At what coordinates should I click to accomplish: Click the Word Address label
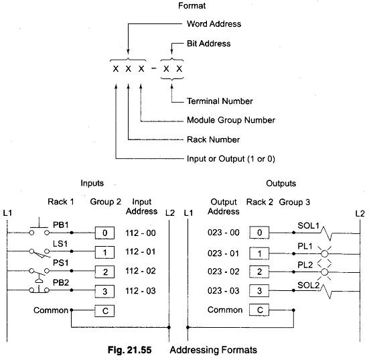(x=214, y=23)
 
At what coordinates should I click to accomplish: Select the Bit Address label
(x=208, y=44)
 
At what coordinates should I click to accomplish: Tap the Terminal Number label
(x=220, y=101)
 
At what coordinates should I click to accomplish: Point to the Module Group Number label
(x=231, y=120)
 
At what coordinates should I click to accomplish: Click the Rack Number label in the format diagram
(x=213, y=139)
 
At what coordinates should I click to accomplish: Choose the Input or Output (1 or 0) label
(x=231, y=159)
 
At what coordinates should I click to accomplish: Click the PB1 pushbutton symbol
(x=40, y=228)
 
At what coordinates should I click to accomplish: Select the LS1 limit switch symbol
(x=40, y=253)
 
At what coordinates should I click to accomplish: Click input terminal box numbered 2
(x=104, y=272)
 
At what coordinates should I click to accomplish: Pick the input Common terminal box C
(x=104, y=311)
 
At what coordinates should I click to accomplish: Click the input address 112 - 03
(x=141, y=291)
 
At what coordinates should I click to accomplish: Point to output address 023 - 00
(x=223, y=233)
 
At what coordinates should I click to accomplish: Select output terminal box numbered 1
(x=259, y=253)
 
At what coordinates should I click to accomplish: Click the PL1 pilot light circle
(x=325, y=254)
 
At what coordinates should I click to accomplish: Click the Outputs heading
(x=281, y=183)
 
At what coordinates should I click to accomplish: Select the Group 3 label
(x=295, y=202)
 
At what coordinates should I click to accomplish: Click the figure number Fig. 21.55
(x=129, y=350)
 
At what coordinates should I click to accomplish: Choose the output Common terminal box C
(x=259, y=310)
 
